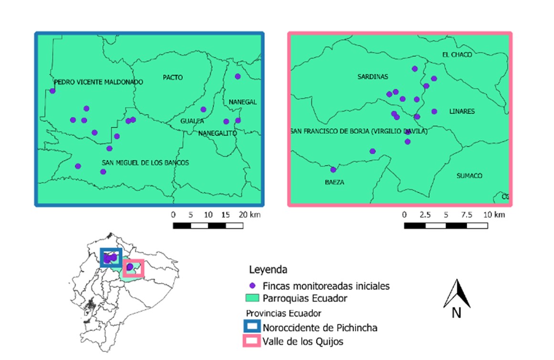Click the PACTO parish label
pyautogui.click(x=172, y=78)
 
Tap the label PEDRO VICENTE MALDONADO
pyautogui.click(x=98, y=82)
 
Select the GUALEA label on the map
pyautogui.click(x=192, y=121)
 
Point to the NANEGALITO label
pyautogui.click(x=218, y=133)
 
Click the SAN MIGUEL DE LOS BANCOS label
pyautogui.click(x=145, y=163)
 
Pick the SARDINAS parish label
pyautogui.click(x=373, y=77)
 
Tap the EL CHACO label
pyautogui.click(x=457, y=55)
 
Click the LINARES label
pyautogui.click(x=462, y=112)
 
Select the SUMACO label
pyautogui.click(x=469, y=176)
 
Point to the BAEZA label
pyautogui.click(x=334, y=182)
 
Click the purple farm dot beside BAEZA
pyautogui.click(x=333, y=170)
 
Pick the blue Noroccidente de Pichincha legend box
pyautogui.click(x=253, y=328)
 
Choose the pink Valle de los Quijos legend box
pyautogui.click(x=253, y=341)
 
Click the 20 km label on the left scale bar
pyautogui.click(x=250, y=215)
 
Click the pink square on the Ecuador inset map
pyautogui.click(x=133, y=268)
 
